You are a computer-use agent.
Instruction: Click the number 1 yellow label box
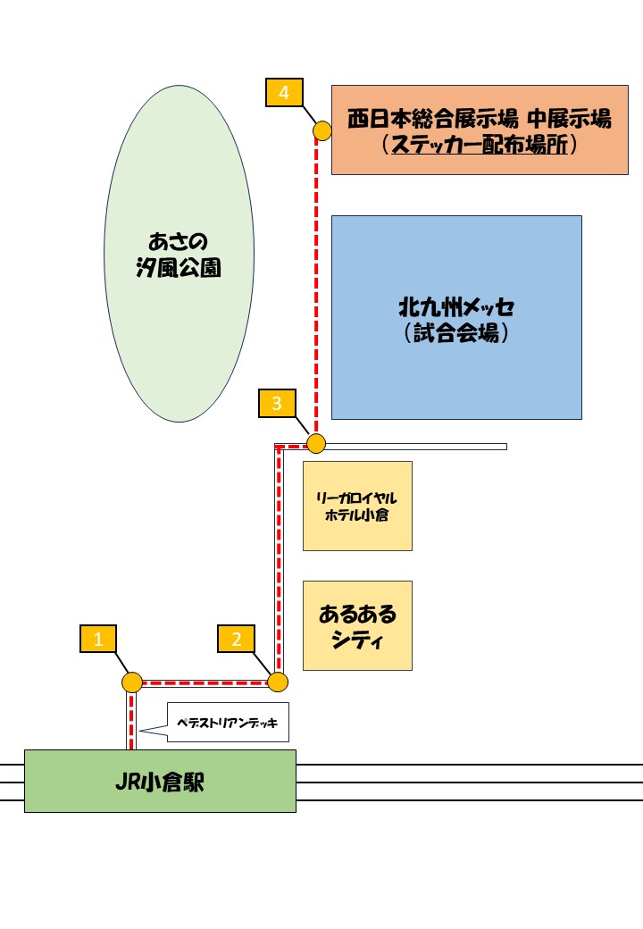98,639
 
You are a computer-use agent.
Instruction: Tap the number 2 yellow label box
237,639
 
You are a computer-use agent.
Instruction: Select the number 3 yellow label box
277,404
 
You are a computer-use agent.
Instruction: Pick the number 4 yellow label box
284,92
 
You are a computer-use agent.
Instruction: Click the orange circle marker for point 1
132,682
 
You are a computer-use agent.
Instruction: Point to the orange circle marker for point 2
278,682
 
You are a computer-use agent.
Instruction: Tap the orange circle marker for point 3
315,443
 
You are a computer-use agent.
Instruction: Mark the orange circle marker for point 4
322,131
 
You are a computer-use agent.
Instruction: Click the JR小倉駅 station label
160,782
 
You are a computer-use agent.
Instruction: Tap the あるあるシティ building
357,626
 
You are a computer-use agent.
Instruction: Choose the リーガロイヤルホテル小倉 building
357,506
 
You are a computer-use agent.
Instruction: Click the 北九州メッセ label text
456,308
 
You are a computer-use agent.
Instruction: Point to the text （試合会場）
456,334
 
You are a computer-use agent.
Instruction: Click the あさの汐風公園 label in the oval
179,254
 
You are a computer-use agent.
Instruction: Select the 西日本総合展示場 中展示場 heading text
480,118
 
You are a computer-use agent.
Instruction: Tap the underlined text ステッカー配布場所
480,145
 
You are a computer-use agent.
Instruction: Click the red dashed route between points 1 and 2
205,682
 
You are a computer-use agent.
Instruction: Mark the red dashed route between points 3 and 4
316,286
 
